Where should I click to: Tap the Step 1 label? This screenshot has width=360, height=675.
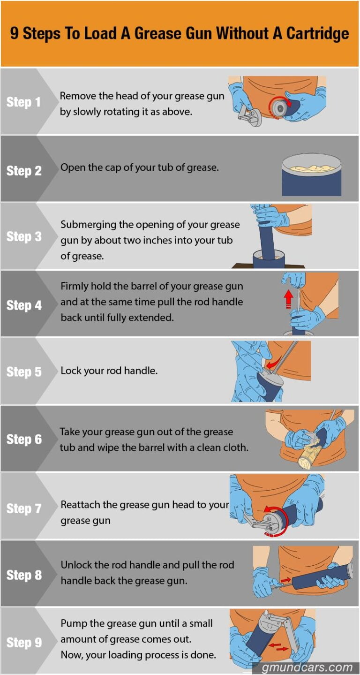(x=23, y=102)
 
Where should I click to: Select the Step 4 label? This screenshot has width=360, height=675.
(x=23, y=305)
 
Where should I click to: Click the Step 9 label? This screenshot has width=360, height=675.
(x=23, y=642)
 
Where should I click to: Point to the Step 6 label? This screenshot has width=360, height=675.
(x=23, y=440)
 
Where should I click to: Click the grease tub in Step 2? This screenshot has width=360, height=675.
(x=311, y=175)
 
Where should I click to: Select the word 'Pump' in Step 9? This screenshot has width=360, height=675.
(x=73, y=623)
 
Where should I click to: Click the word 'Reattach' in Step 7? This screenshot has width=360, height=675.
(x=80, y=505)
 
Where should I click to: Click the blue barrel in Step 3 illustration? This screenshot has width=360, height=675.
(x=266, y=239)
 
